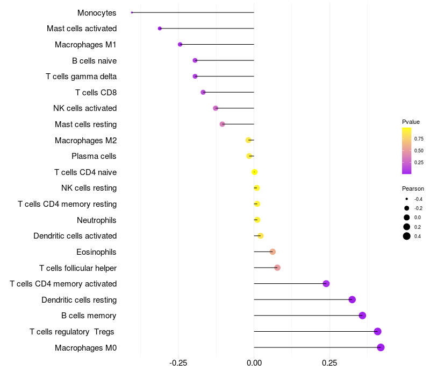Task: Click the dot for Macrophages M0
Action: [381, 347]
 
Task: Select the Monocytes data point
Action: [132, 12]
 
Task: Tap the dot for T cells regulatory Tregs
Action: [377, 332]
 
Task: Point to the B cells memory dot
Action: [362, 316]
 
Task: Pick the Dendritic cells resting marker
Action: [352, 299]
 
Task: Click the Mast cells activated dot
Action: [160, 28]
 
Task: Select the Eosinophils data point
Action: [273, 252]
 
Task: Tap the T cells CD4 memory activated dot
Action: [326, 284]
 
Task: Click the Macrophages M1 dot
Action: [180, 44]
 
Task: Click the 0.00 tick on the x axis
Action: [254, 363]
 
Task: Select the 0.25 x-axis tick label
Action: [329, 363]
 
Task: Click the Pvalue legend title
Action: [411, 122]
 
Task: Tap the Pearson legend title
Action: [413, 189]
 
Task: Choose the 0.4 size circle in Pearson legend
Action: [407, 236]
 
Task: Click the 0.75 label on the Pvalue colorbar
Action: [419, 138]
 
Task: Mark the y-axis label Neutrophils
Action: [97, 220]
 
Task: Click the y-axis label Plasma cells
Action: [94, 156]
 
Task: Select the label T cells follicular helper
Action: [78, 268]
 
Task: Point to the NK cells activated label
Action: [85, 108]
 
